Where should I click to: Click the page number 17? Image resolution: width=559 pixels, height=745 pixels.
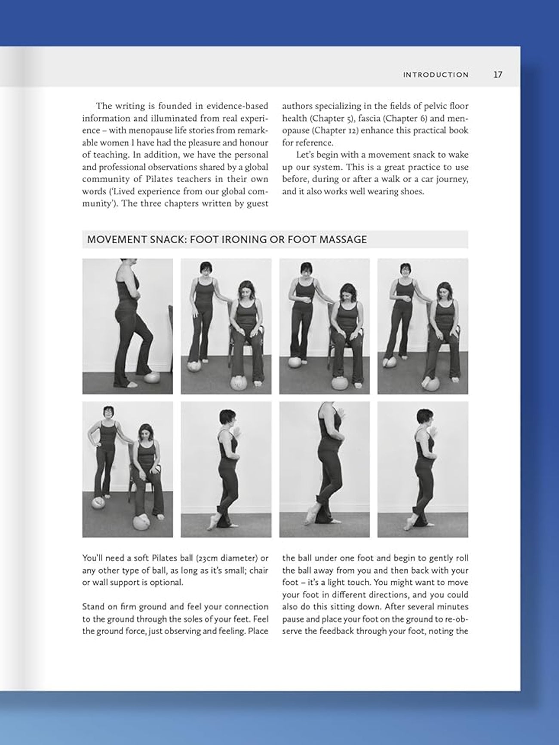click(x=498, y=75)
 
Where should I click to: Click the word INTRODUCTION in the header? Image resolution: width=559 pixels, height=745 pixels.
click(x=436, y=75)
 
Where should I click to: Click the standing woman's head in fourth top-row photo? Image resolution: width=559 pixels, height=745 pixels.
click(x=405, y=271)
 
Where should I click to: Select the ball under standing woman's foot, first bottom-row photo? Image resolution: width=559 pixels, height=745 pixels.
click(x=98, y=502)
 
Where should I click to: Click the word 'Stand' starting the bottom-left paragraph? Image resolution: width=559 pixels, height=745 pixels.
click(x=92, y=607)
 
